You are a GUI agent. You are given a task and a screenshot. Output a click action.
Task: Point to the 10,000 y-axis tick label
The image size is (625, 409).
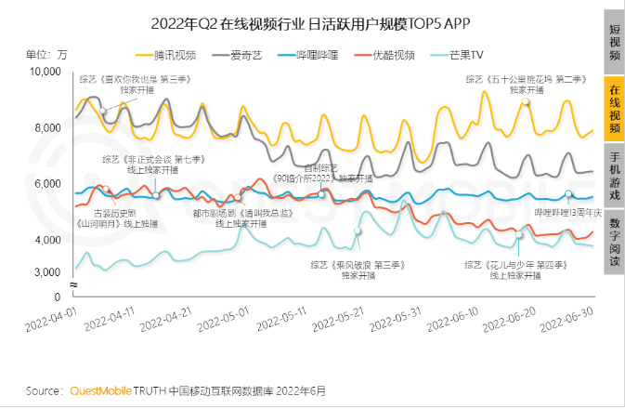tap(47, 72)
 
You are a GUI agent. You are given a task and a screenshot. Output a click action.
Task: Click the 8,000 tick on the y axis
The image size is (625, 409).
tap(50, 127)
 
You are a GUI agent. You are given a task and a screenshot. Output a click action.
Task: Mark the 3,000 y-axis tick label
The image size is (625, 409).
tap(50, 271)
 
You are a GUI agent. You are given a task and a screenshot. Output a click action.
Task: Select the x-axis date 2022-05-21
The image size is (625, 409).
tap(340, 327)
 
